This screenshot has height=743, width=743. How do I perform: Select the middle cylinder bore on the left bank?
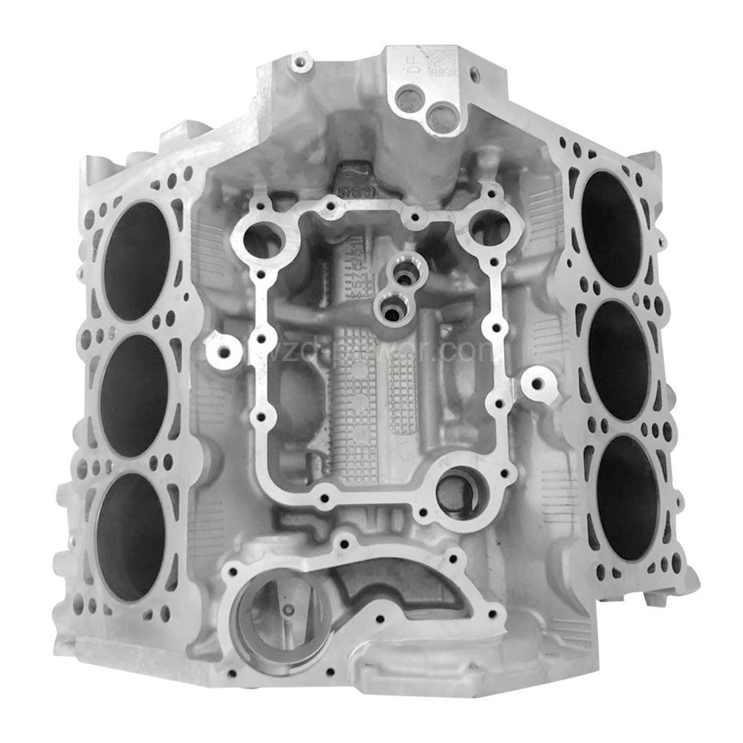pos(134,395)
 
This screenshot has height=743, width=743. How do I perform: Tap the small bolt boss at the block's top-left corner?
pos(299,59)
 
